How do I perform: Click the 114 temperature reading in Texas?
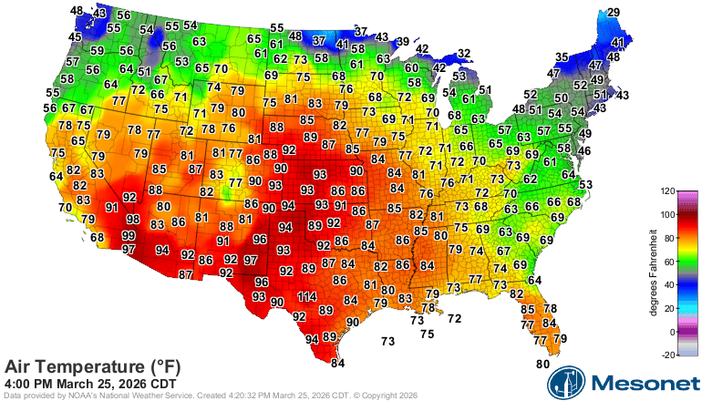coord(306,297)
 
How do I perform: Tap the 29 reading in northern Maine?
coord(614,12)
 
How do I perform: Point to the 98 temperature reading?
coord(132,219)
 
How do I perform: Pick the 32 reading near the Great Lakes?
coord(464,54)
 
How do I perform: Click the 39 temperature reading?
coord(402,41)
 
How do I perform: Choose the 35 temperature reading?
coord(563,57)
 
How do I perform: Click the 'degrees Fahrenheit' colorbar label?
coord(654,273)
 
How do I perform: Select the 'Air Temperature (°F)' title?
coord(92,365)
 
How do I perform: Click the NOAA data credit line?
coord(210,396)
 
